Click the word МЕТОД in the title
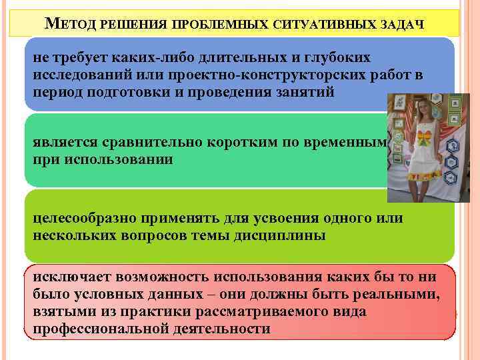click(69, 25)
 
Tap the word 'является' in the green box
click(63, 143)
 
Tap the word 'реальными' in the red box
click(405, 296)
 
